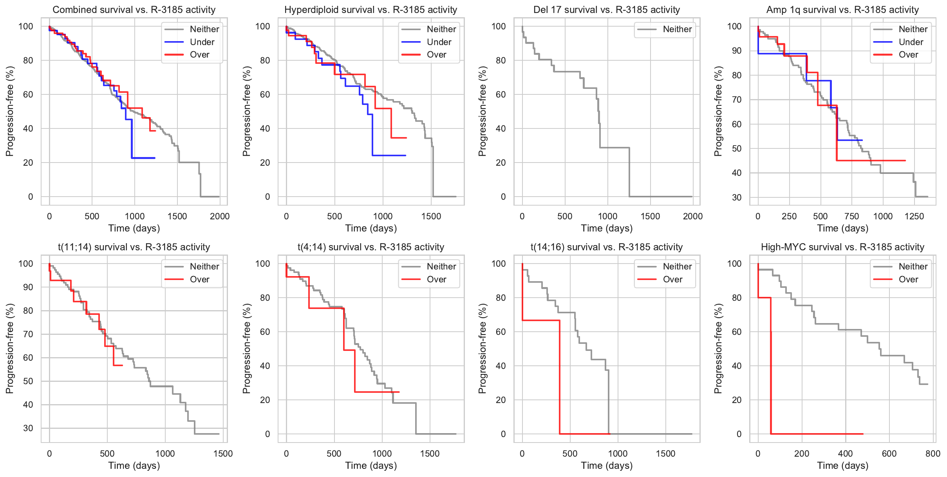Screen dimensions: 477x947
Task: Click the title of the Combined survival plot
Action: click(x=134, y=10)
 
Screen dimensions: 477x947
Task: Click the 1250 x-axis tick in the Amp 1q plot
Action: click(x=914, y=216)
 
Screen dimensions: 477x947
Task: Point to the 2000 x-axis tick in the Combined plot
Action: click(x=220, y=216)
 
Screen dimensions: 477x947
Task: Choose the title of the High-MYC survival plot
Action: click(x=842, y=247)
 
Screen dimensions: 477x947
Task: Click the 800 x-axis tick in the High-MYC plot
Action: click(x=933, y=454)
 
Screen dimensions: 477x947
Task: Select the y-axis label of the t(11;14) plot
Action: click(x=10, y=349)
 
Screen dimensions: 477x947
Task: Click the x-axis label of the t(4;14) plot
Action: click(x=371, y=466)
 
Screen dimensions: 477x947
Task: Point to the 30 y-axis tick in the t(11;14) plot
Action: click(x=28, y=428)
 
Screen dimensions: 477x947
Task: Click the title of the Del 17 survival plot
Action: click(x=606, y=10)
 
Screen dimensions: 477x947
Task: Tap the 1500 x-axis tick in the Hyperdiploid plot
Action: click(x=431, y=216)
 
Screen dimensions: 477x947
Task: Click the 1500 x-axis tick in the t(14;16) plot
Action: click(x=665, y=454)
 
